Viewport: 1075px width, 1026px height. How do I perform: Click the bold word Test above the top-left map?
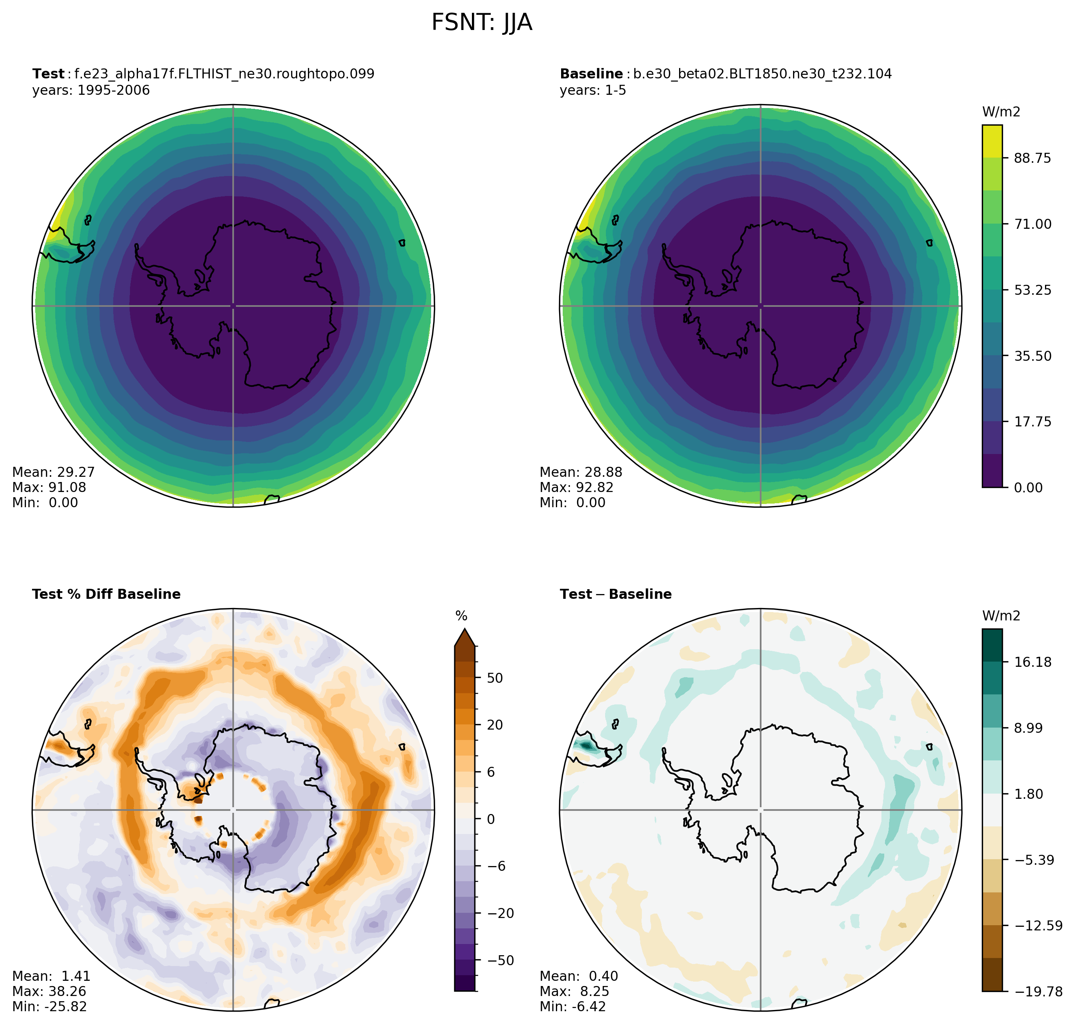48,74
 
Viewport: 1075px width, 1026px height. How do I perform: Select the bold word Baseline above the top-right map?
591,74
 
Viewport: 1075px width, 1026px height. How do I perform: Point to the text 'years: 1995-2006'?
91,90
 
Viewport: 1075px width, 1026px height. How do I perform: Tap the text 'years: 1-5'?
593,90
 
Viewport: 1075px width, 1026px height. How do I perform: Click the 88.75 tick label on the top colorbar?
1032,158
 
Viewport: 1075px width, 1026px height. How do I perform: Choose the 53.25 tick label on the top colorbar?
1032,290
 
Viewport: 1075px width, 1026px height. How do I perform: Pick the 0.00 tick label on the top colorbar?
1028,487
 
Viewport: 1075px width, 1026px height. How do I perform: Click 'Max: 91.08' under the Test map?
49,487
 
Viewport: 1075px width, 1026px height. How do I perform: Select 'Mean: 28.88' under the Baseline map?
581,472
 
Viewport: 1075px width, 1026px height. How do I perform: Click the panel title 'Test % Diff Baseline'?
106,594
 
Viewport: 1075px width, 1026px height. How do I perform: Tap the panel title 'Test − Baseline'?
616,594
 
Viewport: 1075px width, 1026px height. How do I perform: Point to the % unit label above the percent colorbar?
462,616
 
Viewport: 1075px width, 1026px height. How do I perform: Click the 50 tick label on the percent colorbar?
494,678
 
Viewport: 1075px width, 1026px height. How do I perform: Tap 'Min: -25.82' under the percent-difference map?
49,1006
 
